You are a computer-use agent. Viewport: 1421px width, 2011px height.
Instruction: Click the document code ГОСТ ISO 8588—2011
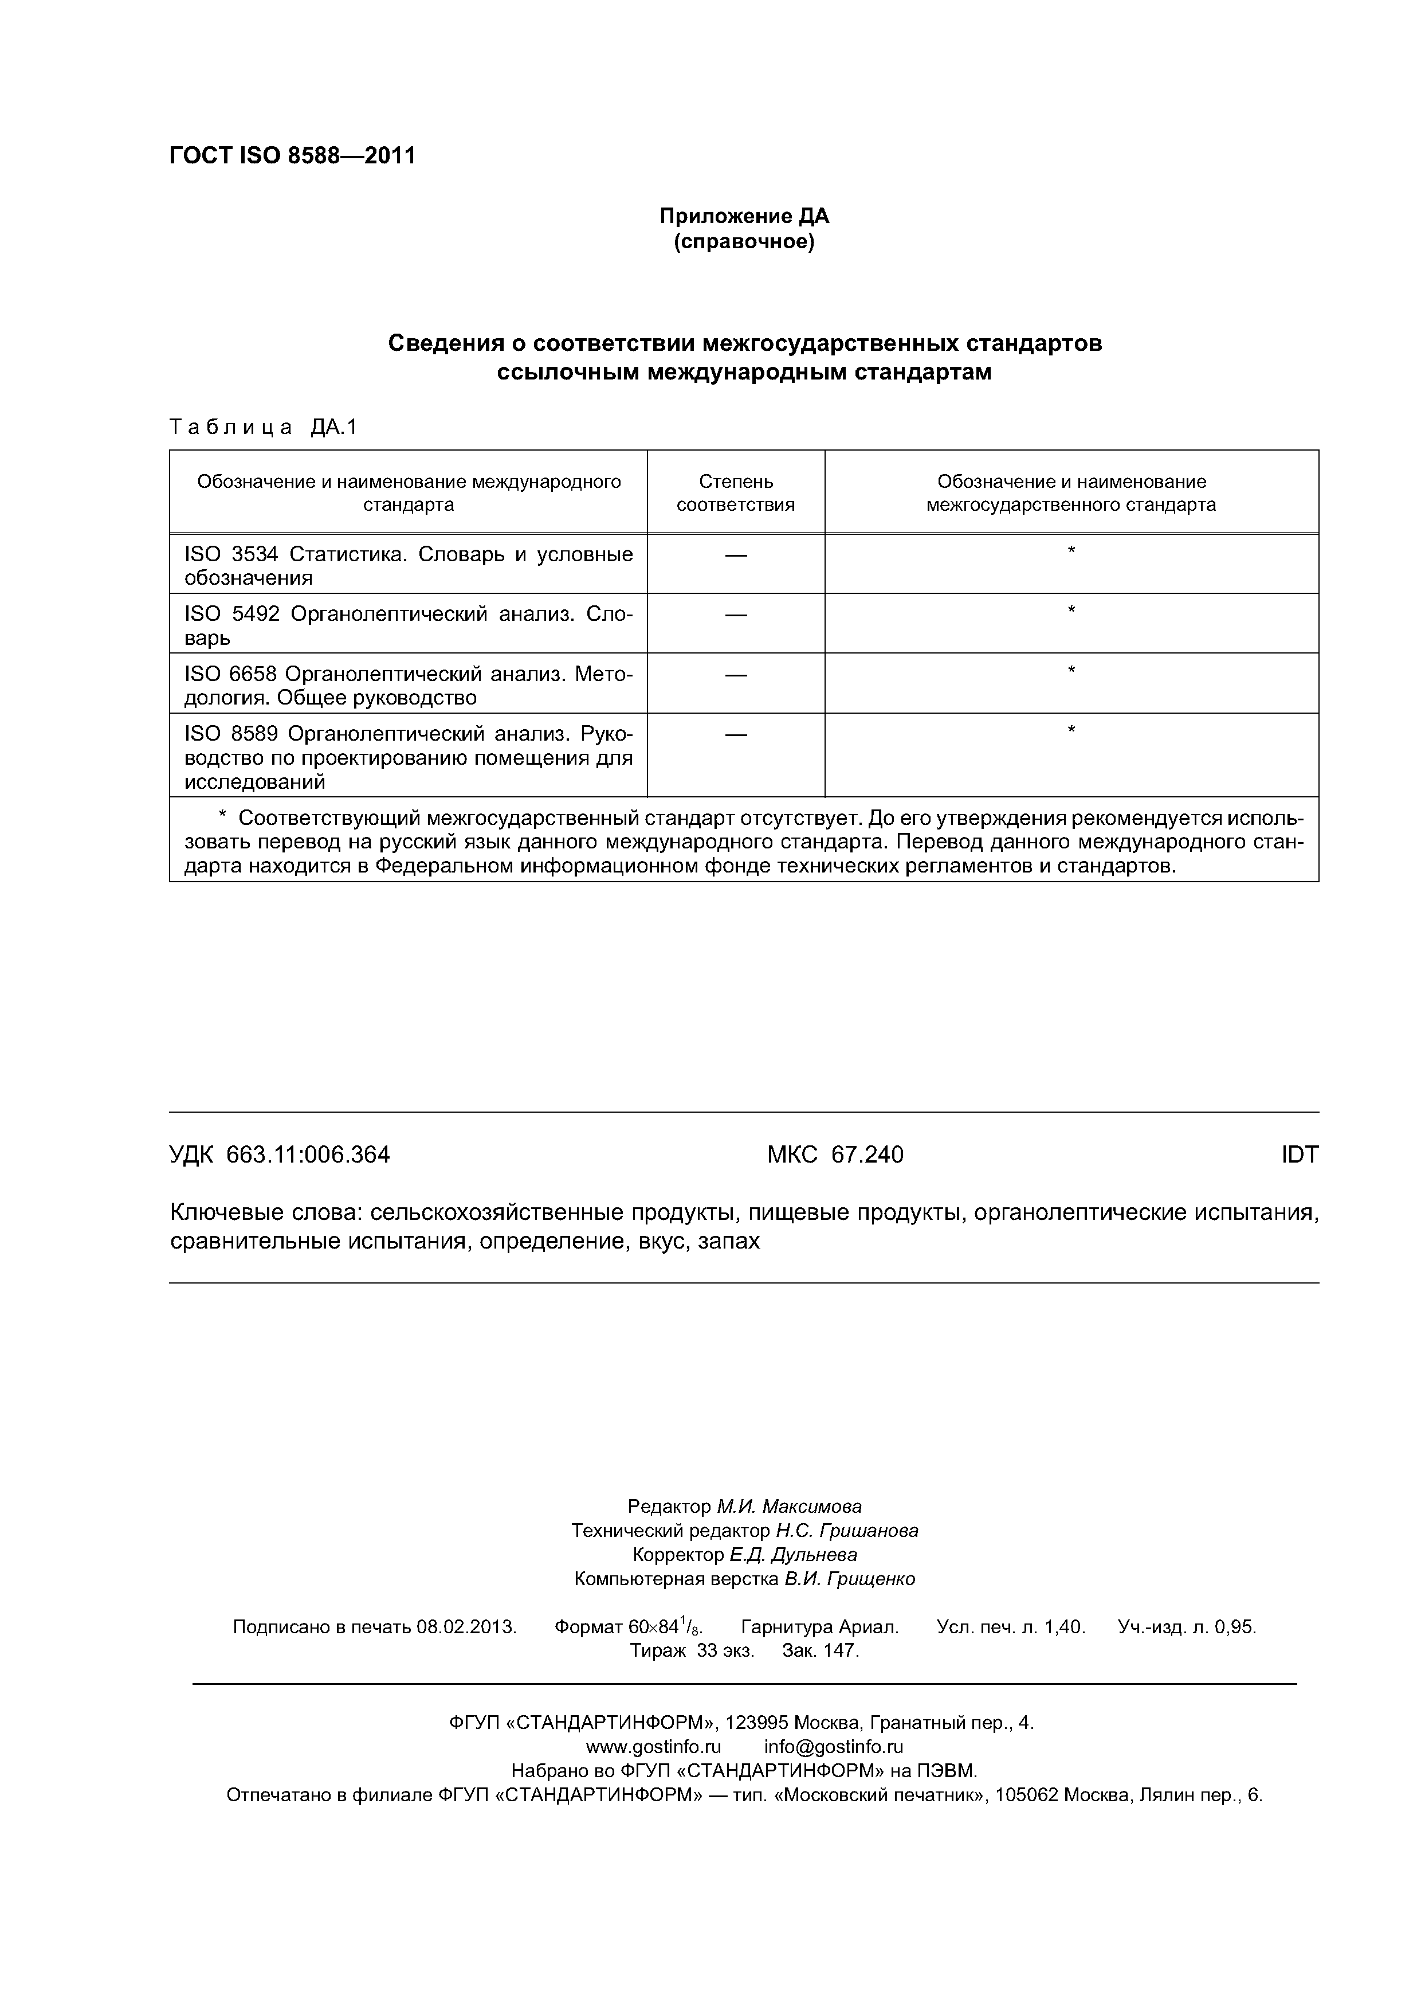point(292,156)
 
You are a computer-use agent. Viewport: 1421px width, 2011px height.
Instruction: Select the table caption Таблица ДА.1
point(264,428)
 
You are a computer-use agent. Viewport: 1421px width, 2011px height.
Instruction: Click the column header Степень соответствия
point(736,492)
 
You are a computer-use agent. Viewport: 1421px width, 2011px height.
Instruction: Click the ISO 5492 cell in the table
point(408,624)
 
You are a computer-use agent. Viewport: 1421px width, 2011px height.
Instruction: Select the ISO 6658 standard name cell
point(408,685)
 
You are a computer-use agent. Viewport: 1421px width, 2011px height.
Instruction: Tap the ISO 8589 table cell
point(408,757)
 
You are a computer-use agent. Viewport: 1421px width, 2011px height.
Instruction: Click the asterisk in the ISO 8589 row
point(1071,730)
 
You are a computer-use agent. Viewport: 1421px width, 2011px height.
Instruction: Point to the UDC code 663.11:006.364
point(307,1155)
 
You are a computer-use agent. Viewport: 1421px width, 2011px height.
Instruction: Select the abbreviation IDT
point(1300,1155)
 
